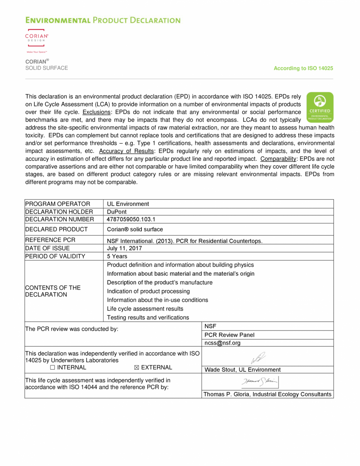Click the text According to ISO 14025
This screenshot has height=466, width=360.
tap(303, 69)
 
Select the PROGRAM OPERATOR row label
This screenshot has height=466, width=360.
tap(58, 204)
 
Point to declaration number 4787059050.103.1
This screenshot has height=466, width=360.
tap(131, 219)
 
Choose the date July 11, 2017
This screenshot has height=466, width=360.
tap(125, 248)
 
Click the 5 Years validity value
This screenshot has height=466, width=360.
tap(117, 256)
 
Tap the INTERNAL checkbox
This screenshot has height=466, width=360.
tap(53, 368)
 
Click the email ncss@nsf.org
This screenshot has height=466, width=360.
tap(223, 343)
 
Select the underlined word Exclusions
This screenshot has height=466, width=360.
tap(96, 112)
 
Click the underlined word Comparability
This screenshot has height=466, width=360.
tap(277, 159)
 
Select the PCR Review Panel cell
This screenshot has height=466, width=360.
tap(229, 335)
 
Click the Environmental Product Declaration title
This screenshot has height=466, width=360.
tap(103, 20)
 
